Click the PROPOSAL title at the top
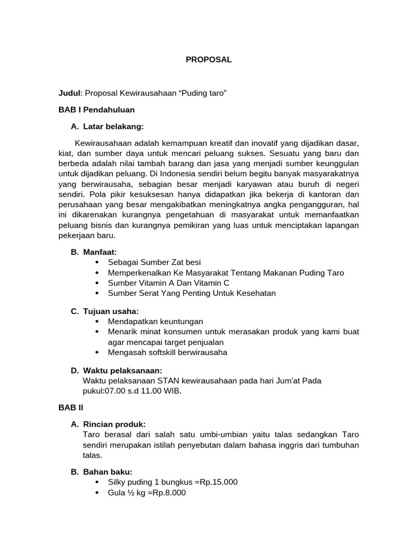tap(209, 60)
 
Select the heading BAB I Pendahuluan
tap(96, 110)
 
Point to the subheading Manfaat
tap(100, 252)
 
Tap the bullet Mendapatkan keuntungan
tap(155, 321)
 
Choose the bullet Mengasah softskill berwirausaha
tap(167, 352)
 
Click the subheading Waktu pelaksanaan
tap(122, 370)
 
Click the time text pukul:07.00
tap(103, 391)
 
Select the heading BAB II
tap(68, 407)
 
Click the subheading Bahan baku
tap(108, 472)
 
